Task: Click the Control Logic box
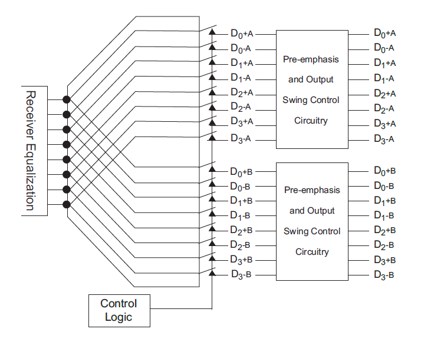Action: click(119, 310)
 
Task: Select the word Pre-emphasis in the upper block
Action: click(312, 59)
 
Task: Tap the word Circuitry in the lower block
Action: click(312, 252)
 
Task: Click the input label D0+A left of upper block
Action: click(242, 34)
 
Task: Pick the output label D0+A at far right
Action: click(384, 34)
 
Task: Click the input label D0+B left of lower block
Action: click(242, 172)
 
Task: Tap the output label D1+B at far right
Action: click(384, 201)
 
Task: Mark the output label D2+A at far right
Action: click(384, 93)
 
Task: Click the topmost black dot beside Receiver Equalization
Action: click(67, 99)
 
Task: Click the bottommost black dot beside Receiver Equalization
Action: click(67, 204)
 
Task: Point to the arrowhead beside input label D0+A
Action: click(212, 32)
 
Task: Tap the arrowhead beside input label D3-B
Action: click(212, 273)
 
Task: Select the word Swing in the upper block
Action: click(295, 100)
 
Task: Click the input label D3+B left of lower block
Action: click(242, 260)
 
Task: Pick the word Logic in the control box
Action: click(119, 317)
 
